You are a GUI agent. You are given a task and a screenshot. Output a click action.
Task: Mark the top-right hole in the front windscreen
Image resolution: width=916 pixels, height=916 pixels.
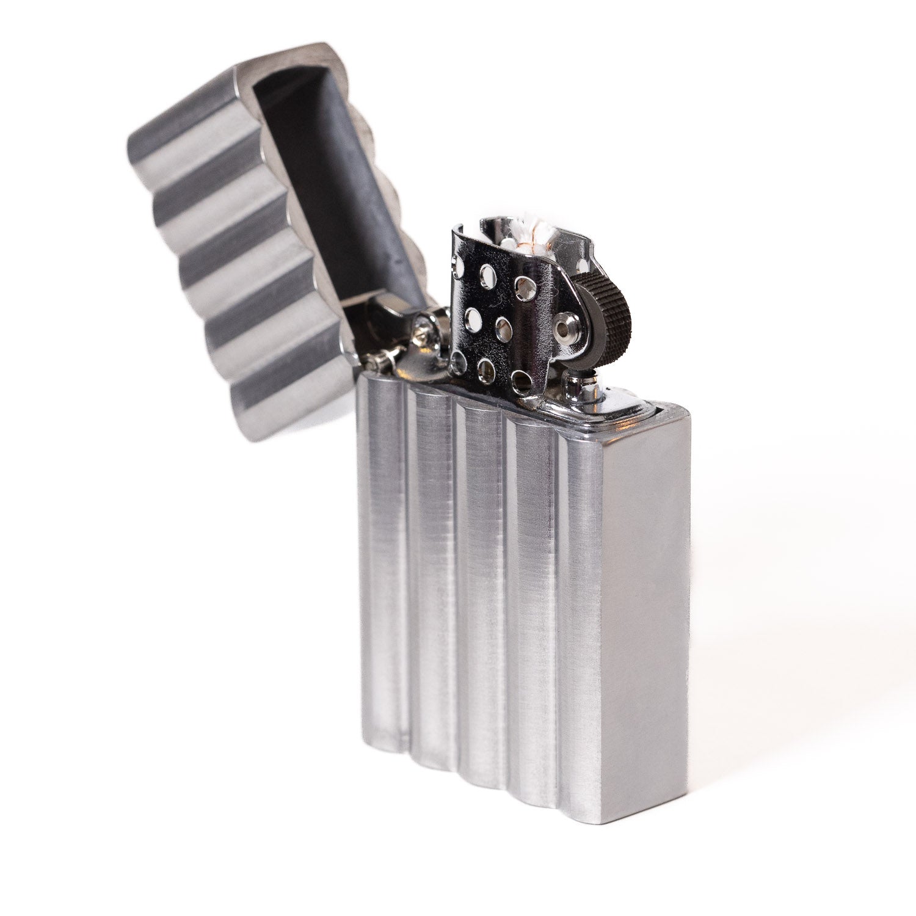[523, 283]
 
